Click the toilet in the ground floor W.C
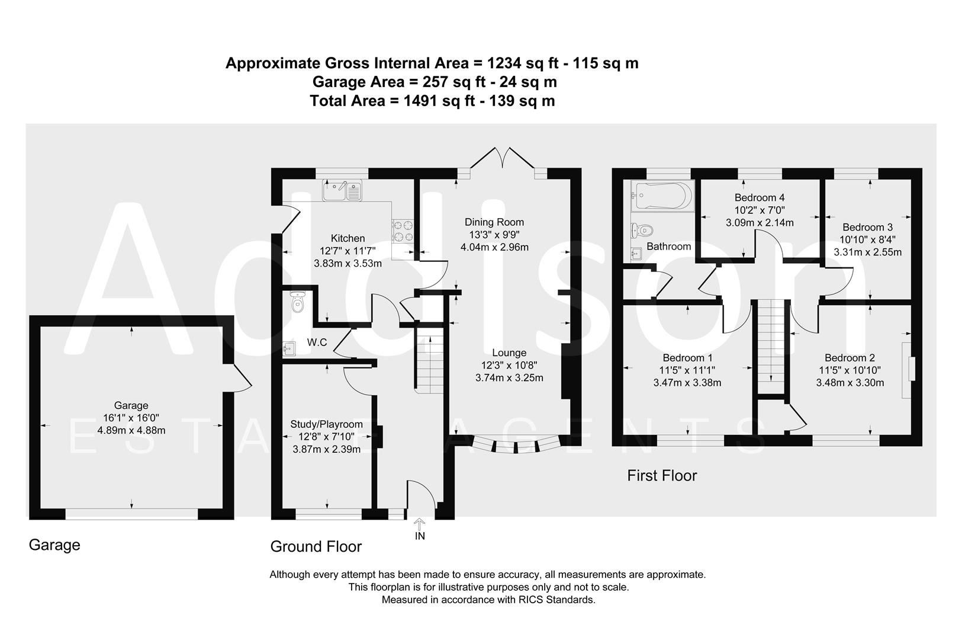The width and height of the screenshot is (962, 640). pyautogui.click(x=297, y=302)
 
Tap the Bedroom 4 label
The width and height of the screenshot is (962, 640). pyautogui.click(x=760, y=197)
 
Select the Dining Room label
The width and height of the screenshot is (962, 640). pyautogui.click(x=494, y=222)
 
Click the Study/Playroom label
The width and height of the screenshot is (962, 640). pyautogui.click(x=326, y=424)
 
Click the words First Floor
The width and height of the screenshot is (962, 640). pyautogui.click(x=662, y=475)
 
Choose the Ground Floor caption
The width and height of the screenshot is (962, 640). pyautogui.click(x=316, y=546)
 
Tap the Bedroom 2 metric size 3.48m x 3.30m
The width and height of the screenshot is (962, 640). pyautogui.click(x=850, y=383)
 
